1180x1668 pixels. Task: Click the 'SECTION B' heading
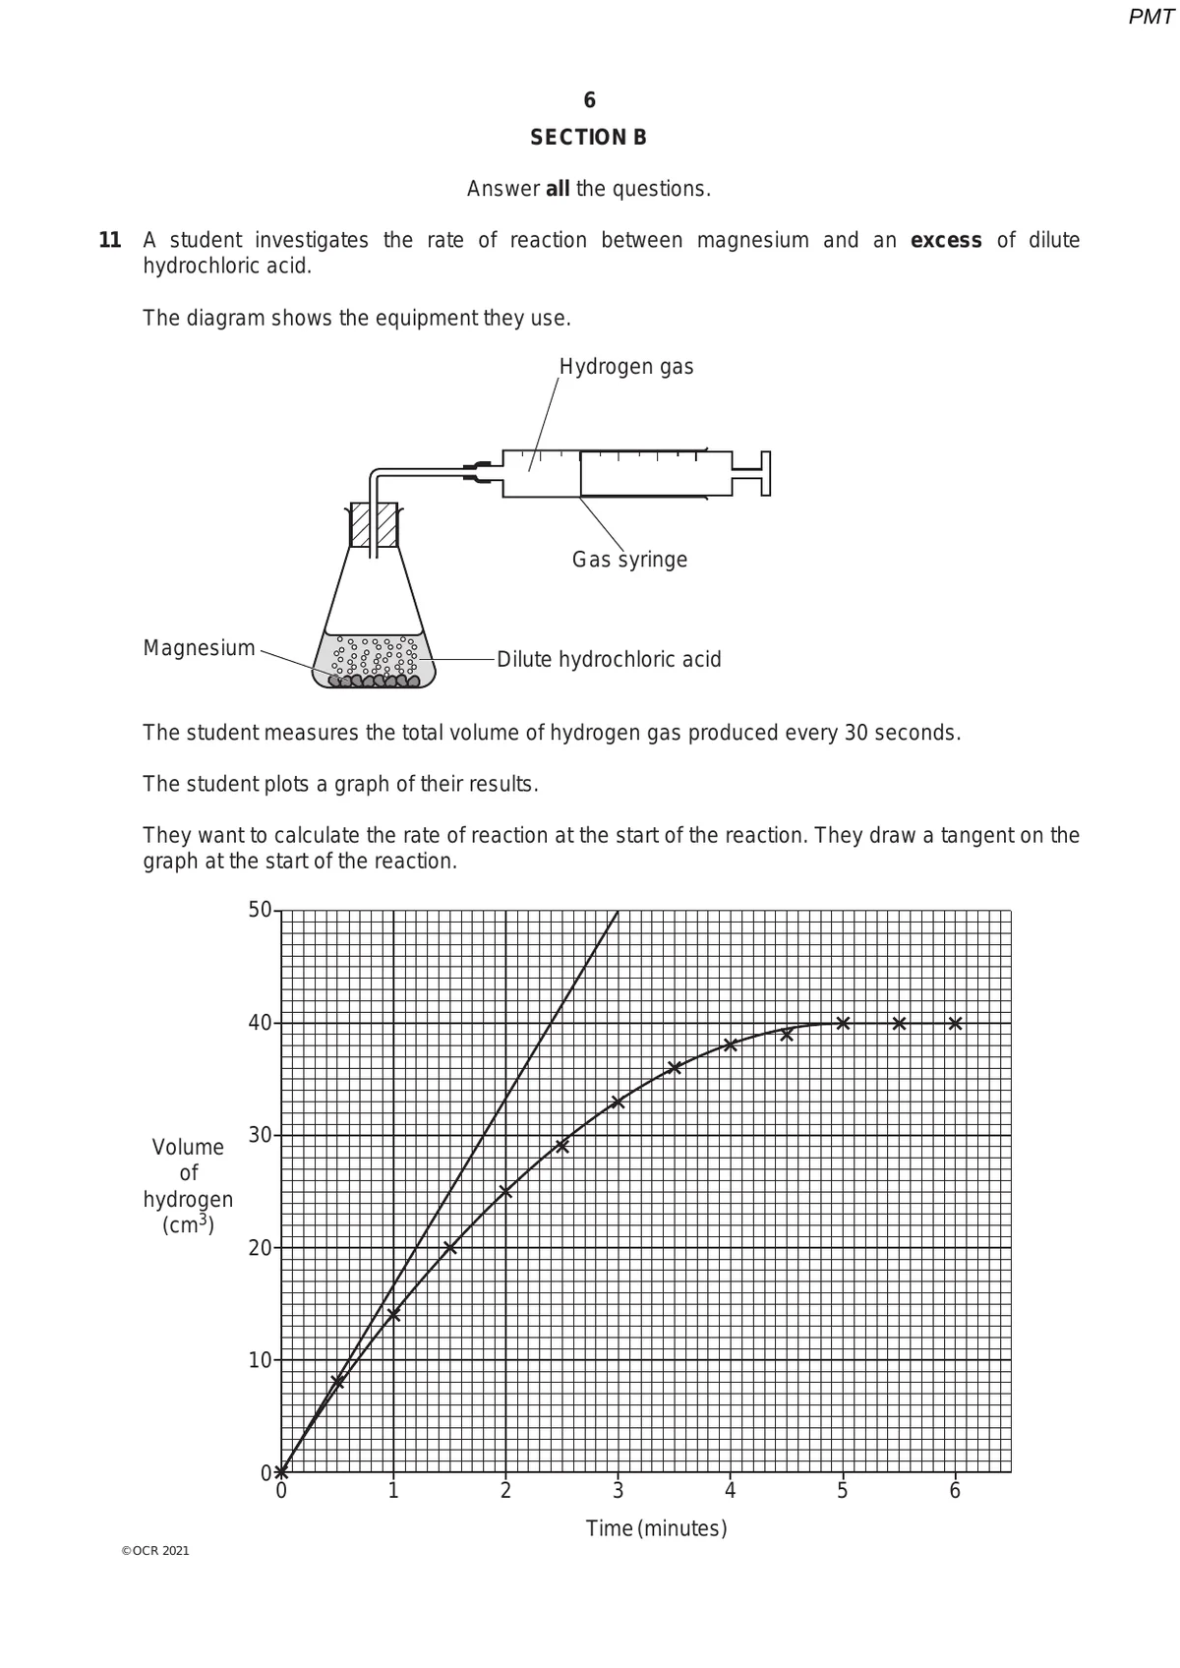pyautogui.click(x=588, y=138)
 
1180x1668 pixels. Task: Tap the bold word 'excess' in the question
pyautogui.click(x=946, y=241)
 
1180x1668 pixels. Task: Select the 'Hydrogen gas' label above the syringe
pyautogui.click(x=626, y=367)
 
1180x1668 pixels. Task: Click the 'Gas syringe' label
pyautogui.click(x=629, y=560)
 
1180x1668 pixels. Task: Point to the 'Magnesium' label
pyautogui.click(x=199, y=648)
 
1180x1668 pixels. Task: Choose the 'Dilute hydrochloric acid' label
pyautogui.click(x=609, y=659)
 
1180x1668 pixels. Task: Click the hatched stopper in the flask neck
pyautogui.click(x=374, y=525)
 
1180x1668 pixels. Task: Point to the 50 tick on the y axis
pyautogui.click(x=260, y=910)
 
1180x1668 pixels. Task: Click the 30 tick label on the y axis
pyautogui.click(x=260, y=1136)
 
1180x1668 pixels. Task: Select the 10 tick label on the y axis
pyautogui.click(x=260, y=1361)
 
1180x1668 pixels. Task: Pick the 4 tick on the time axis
pyautogui.click(x=730, y=1491)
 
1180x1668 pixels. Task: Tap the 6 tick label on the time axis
pyautogui.click(x=955, y=1491)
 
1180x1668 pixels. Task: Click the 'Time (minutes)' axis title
pyautogui.click(x=656, y=1529)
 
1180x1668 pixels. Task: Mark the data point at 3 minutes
pyautogui.click(x=618, y=1102)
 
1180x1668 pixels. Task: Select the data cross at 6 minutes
pyautogui.click(x=955, y=1023)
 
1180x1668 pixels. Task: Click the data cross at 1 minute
pyautogui.click(x=393, y=1315)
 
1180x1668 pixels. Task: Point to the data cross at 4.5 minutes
pyautogui.click(x=787, y=1034)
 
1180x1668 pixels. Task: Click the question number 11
pyautogui.click(x=110, y=241)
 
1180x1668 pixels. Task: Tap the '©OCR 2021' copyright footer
pyautogui.click(x=154, y=1551)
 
